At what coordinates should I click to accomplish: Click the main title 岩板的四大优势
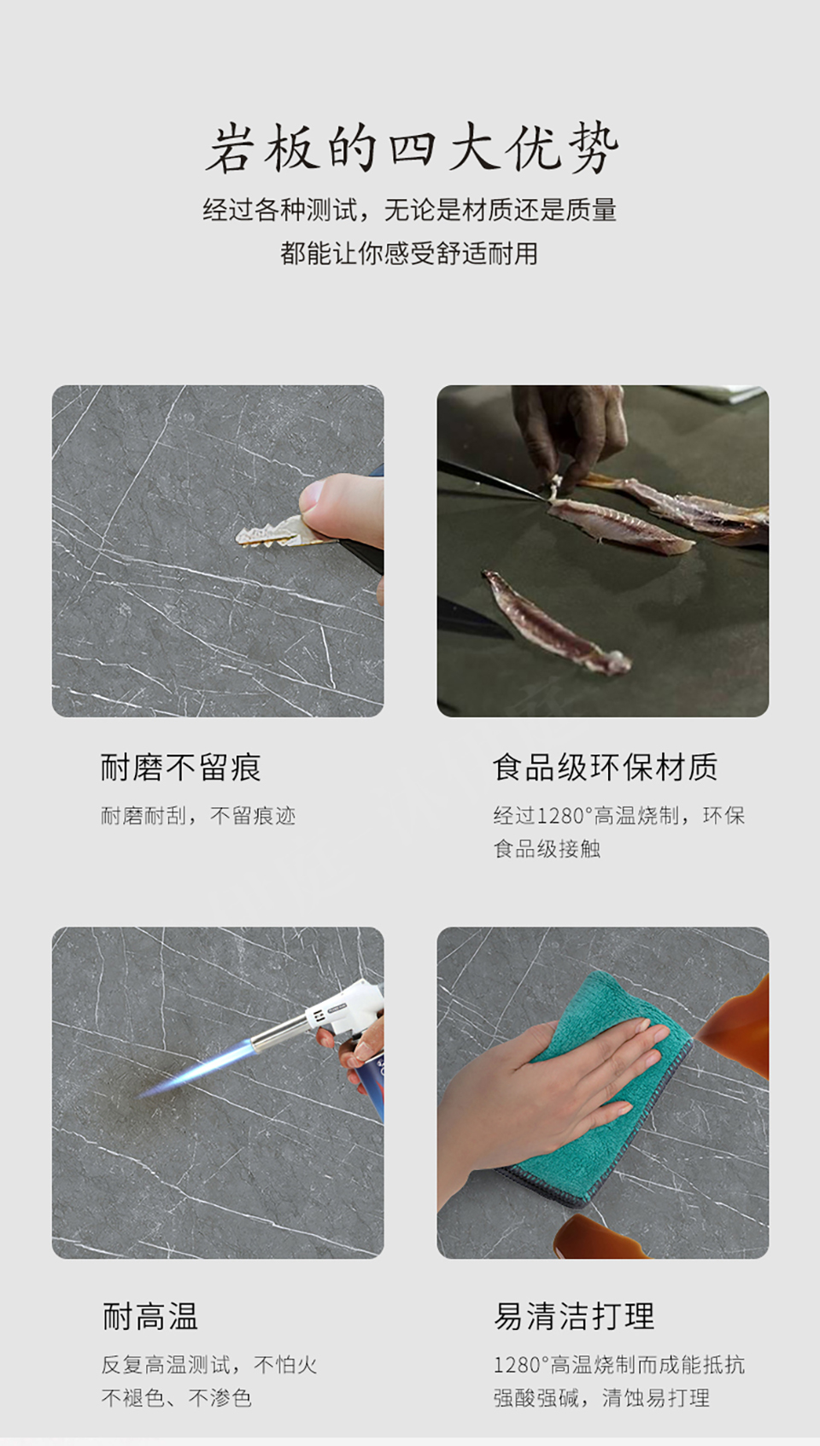[412, 149]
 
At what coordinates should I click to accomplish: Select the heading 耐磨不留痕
[181, 768]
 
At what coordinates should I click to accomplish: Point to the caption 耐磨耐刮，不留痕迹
[198, 816]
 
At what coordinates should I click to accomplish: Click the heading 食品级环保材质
[605, 768]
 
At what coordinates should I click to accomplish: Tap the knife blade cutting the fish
[489, 478]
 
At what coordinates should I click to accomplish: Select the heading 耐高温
[149, 1317]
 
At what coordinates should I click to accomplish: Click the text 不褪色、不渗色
[176, 1398]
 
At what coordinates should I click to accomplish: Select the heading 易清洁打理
[574, 1317]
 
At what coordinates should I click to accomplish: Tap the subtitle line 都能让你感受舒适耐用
[409, 253]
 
